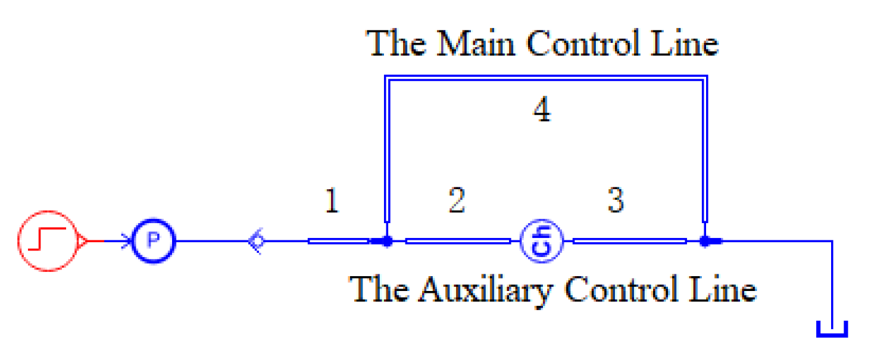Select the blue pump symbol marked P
[x=154, y=241]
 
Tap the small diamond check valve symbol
[x=257, y=242]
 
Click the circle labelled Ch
[x=541, y=242]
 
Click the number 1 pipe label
[x=332, y=201]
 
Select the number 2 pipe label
[x=457, y=201]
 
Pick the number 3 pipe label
[x=616, y=201]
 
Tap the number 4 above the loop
[x=541, y=111]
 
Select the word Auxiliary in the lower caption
[x=488, y=289]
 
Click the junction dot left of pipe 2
[x=386, y=242]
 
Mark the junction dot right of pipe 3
[x=705, y=242]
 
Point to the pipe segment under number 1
[x=338, y=241]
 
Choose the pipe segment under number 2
[x=457, y=241]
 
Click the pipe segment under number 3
[x=629, y=241]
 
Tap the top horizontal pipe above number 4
[x=545, y=78]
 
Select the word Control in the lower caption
[x=626, y=289]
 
